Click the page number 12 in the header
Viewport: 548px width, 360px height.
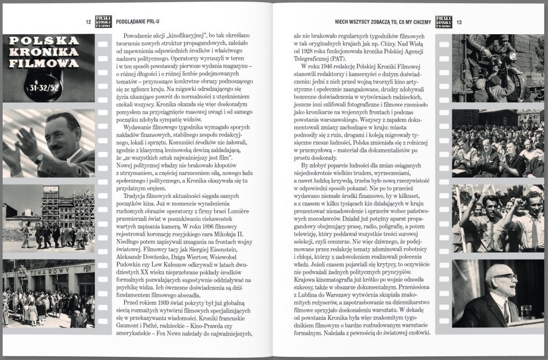coord(88,22)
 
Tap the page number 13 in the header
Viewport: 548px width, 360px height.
coord(459,22)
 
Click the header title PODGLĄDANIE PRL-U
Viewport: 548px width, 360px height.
coord(138,22)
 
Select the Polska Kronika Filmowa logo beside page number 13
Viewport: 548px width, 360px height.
coord(444,21)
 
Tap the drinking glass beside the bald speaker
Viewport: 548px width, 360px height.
coord(526,312)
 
